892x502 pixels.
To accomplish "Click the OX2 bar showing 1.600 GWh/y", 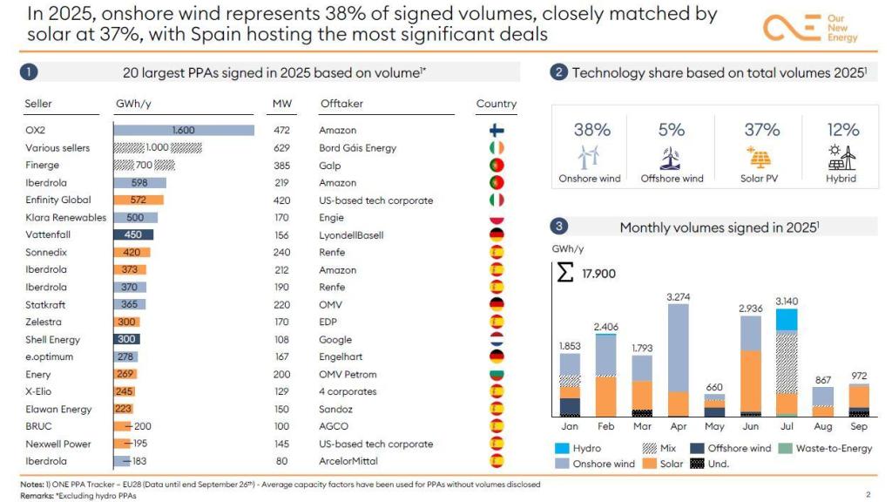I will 184,130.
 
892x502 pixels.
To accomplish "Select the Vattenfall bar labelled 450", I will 133,234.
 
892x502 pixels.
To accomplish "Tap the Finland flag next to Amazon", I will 497,131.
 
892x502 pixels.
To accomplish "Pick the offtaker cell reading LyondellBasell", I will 351,235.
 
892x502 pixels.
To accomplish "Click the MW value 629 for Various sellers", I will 282,148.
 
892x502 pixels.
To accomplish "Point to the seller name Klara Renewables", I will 65,218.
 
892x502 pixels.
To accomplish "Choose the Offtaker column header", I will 341,104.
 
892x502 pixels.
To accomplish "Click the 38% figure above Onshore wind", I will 591,130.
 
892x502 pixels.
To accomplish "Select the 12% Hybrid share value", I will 842,130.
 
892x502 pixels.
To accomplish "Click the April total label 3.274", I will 679,297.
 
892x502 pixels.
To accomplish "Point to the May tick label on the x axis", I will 714,427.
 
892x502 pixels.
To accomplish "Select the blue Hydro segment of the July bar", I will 787,320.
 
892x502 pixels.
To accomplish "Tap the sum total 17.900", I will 598,274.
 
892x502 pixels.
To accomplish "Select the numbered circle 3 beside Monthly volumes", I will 560,227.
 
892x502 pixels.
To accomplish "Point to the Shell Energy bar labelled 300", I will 127,339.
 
